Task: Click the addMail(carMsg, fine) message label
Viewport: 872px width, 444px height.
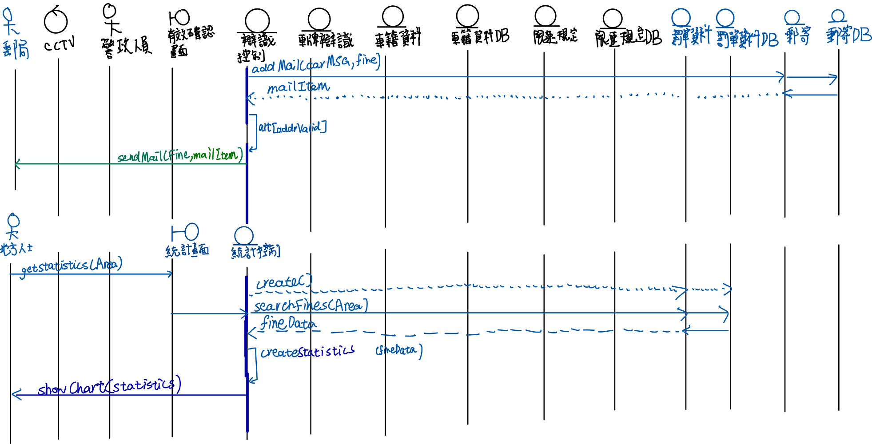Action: click(316, 63)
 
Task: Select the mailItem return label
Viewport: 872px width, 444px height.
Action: click(298, 87)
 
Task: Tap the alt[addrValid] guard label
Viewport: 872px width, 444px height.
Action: click(292, 128)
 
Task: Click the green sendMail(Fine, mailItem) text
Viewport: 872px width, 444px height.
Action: click(180, 156)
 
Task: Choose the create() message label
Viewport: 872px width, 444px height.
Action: click(284, 282)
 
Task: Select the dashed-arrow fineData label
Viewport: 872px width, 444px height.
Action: click(289, 323)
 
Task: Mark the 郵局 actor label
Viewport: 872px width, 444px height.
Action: click(16, 49)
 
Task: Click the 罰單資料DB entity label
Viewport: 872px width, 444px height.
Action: click(747, 39)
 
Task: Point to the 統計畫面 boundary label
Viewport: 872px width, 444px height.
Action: click(187, 251)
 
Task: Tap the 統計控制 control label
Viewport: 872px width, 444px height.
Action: click(255, 252)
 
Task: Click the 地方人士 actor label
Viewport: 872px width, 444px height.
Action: click(16, 248)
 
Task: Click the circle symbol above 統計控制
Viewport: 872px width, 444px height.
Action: click(244, 235)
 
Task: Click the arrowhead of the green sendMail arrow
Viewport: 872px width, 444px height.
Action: click(17, 164)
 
